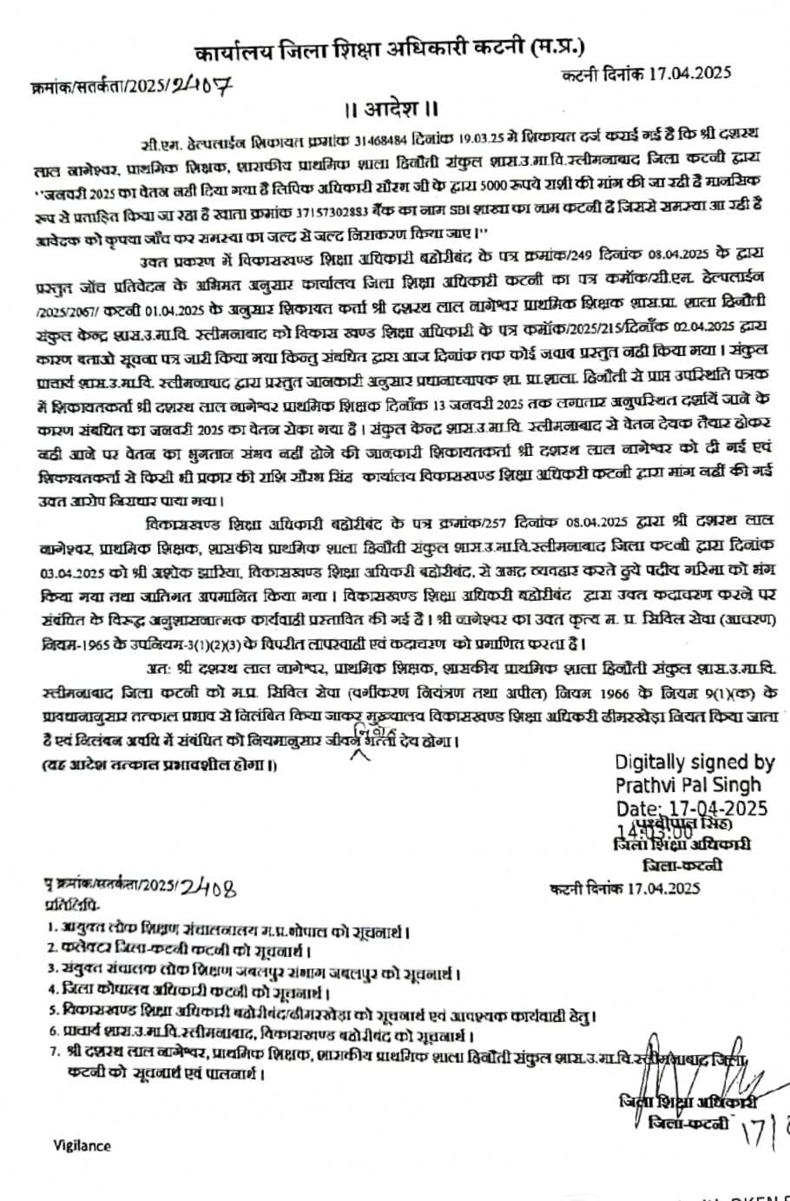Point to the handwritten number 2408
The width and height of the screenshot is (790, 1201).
click(207, 888)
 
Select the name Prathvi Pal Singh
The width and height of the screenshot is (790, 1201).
click(688, 784)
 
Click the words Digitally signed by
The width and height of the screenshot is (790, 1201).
click(695, 762)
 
